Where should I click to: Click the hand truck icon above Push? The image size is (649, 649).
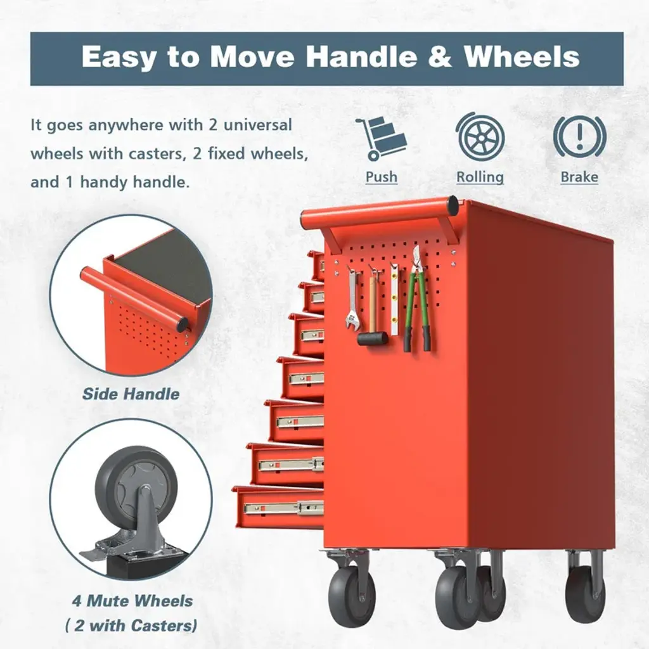tap(380, 138)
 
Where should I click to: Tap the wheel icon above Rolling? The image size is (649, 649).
tap(480, 137)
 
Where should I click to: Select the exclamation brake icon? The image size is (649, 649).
tap(579, 137)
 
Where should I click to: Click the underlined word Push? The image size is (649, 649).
tap(381, 177)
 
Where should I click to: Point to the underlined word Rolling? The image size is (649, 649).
tap(480, 177)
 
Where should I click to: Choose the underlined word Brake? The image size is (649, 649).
tap(579, 177)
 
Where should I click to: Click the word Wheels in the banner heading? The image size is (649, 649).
tap(522, 56)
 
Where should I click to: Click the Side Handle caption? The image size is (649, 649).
tap(131, 394)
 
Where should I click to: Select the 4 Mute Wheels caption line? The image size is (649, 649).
tap(132, 601)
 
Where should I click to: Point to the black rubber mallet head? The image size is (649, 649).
tap(373, 338)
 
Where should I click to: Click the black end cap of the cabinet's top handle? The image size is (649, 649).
tap(453, 203)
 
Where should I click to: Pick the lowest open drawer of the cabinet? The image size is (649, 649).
tap(278, 508)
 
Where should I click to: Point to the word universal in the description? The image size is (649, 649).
tap(257, 125)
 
